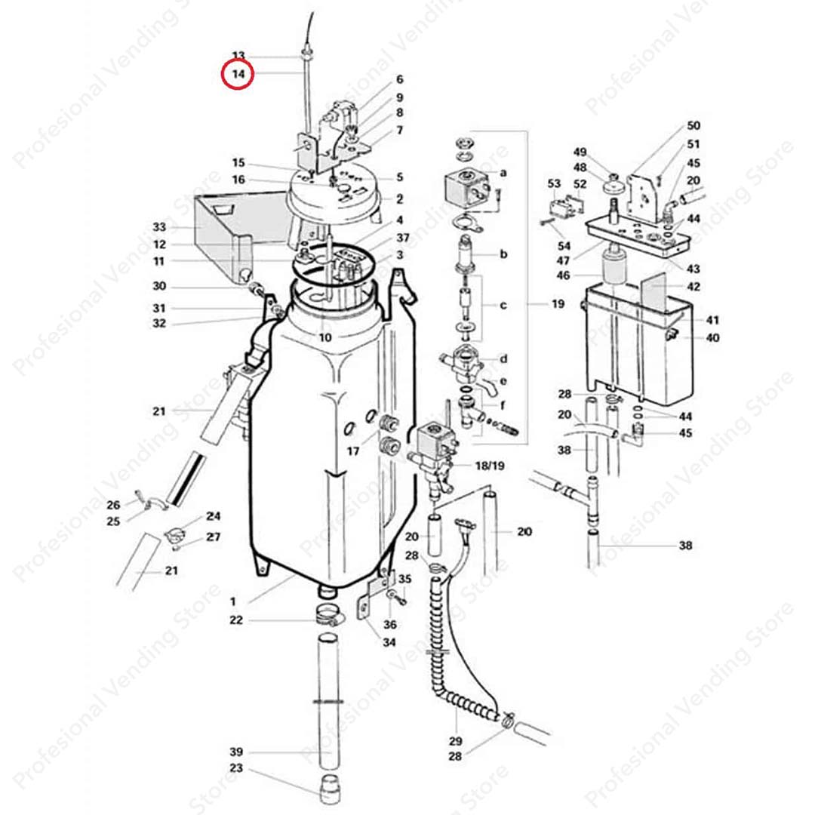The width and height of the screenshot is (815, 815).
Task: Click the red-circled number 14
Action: pos(238,74)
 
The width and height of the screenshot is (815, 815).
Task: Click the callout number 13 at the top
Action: pos(238,56)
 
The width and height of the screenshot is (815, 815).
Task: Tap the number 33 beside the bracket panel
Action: pos(159,227)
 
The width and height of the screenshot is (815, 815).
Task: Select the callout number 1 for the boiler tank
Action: pos(233,601)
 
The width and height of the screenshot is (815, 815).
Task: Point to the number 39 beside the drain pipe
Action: pos(236,752)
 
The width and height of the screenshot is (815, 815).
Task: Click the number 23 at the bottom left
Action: pos(236,769)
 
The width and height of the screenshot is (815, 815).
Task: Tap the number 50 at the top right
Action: pos(694,125)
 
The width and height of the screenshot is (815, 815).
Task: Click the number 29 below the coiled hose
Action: pos(455,740)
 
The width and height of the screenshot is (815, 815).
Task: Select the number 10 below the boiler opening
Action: pos(324,337)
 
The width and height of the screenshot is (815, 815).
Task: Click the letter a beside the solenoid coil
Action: pos(503,173)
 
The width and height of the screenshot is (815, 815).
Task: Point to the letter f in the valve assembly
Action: pos(503,404)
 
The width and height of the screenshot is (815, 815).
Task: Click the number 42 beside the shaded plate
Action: pos(694,287)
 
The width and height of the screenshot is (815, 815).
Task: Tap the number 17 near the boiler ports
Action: pos(353,451)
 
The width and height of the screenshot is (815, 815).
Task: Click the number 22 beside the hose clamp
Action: pos(236,620)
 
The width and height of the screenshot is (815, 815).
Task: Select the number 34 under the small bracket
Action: pos(389,642)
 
